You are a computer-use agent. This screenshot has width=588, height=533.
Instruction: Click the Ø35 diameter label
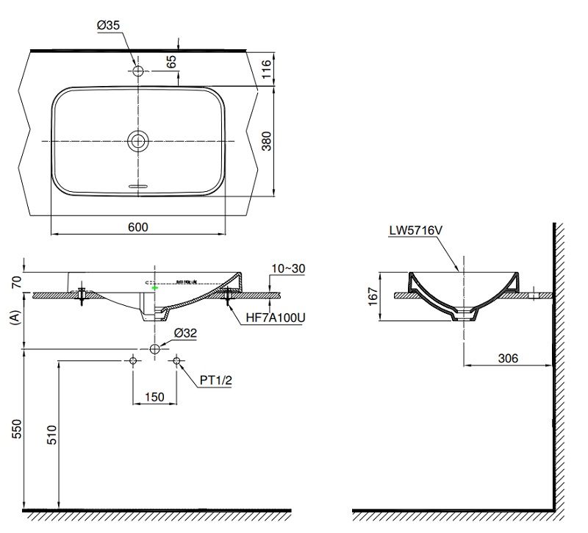coord(108,26)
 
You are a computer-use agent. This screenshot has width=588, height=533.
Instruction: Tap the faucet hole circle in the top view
coord(137,71)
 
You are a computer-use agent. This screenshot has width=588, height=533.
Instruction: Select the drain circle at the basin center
coord(137,140)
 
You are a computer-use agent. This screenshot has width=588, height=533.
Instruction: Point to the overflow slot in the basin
coord(137,187)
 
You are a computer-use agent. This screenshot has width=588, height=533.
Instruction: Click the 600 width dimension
coord(137,227)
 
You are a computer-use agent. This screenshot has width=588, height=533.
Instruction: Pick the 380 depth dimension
coord(268,140)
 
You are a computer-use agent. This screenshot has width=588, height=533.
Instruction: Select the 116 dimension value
coord(268,69)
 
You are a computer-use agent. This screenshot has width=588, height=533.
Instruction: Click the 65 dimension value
coord(171,61)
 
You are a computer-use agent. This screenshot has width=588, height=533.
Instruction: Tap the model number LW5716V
coord(415,230)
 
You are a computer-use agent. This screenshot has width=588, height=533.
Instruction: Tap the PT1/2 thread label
coord(218,381)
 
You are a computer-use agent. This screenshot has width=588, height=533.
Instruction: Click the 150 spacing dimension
coord(154,396)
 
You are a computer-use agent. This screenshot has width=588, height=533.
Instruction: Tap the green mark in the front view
coord(154,289)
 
